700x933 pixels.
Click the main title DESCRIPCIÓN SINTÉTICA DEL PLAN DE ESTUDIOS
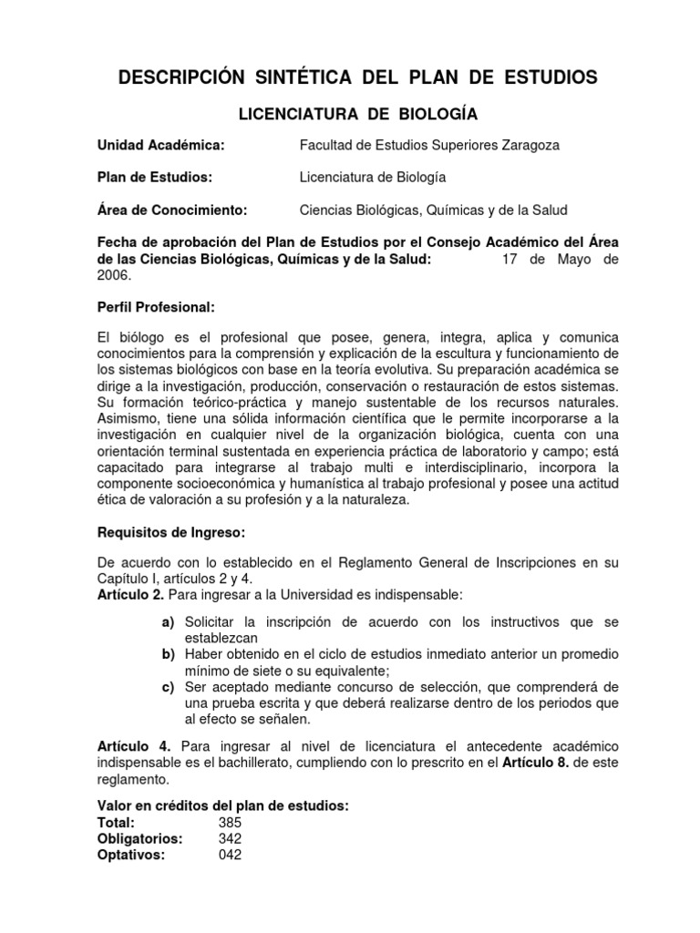358,78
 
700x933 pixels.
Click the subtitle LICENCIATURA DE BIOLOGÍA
358,114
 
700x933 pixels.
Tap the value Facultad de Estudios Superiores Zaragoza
431,144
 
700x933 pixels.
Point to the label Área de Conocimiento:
172,210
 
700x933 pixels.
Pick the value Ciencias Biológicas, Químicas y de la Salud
433,210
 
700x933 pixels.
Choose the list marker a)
168,621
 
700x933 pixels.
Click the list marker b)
168,654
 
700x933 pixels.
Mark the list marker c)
168,686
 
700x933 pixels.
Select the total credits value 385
230,822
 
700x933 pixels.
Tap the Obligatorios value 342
230,838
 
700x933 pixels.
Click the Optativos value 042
230,855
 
